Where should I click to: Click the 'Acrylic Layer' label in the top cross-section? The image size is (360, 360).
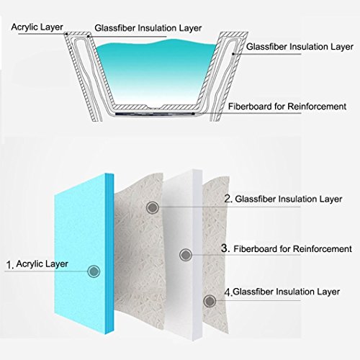pos(37,27)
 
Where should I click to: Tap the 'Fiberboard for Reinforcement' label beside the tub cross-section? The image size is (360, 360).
pos(287,107)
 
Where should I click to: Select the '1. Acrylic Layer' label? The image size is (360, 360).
pos(37,264)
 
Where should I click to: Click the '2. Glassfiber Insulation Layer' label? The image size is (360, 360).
pos(283,199)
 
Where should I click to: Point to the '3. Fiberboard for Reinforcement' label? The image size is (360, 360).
pos(287,248)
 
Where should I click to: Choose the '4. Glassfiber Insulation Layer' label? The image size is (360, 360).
pos(282,292)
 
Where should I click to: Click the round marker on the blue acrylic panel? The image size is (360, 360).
pos(94,271)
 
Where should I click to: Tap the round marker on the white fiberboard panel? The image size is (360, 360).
pos(186,255)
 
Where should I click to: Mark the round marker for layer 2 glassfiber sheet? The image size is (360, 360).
pos(153,207)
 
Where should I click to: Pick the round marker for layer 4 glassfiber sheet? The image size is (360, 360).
pos(210,301)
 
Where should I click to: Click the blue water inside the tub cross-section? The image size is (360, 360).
pos(156,70)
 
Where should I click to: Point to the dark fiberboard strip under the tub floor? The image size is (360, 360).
pos(155,113)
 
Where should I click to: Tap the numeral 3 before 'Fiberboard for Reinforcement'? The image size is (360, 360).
pos(225,248)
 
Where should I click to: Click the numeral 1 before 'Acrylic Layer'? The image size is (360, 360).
pos(9,265)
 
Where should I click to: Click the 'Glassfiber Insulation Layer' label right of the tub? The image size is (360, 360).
pos(300,47)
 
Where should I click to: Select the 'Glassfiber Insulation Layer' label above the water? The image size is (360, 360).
pos(148,28)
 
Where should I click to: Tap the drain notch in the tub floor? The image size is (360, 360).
pos(154,107)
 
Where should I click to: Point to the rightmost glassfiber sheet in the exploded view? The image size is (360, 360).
pos(215,254)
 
